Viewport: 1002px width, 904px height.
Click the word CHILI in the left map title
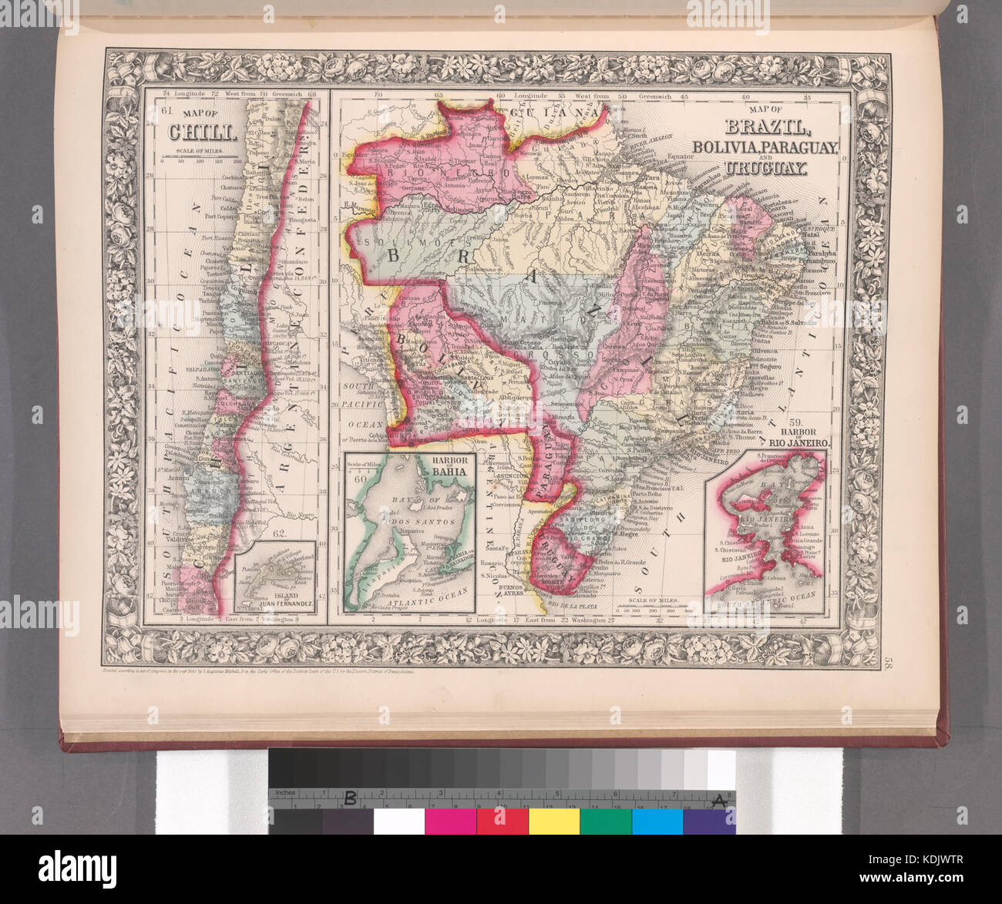(x=189, y=132)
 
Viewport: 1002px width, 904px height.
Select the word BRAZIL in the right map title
(x=764, y=128)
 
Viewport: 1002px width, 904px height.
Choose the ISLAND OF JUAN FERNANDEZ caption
(x=277, y=603)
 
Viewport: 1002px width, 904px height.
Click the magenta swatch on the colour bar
(x=450, y=821)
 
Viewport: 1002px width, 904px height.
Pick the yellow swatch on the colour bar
(x=554, y=821)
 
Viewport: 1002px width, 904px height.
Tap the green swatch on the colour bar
(x=606, y=821)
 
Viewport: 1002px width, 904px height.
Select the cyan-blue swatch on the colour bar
(x=657, y=821)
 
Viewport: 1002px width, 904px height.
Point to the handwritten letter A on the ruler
(x=718, y=801)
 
